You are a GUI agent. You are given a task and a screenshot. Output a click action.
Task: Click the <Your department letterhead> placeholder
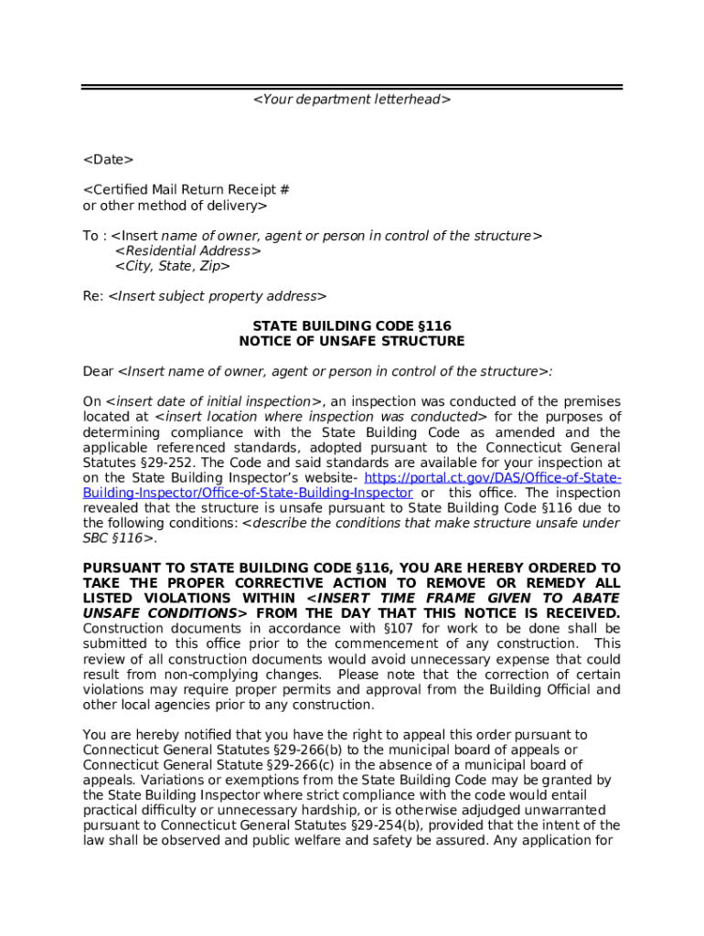click(x=352, y=99)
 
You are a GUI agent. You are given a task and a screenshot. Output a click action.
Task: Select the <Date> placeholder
click(x=108, y=160)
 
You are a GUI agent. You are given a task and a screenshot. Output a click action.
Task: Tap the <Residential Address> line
click(x=188, y=250)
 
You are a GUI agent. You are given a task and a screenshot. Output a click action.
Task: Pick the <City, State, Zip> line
click(x=173, y=266)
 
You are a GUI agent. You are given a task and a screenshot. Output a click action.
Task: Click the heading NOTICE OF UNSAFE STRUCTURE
click(x=352, y=341)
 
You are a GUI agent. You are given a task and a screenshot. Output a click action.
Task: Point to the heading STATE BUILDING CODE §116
click(x=352, y=325)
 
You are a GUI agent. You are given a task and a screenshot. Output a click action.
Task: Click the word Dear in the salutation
click(x=98, y=371)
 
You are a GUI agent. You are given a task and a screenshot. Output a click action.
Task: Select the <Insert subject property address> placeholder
click(x=218, y=296)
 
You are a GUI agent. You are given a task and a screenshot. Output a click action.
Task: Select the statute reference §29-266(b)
click(x=295, y=750)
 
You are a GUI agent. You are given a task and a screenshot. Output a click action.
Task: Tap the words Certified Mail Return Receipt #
click(x=187, y=190)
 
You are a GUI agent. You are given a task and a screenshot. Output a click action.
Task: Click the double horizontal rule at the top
click(x=352, y=87)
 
